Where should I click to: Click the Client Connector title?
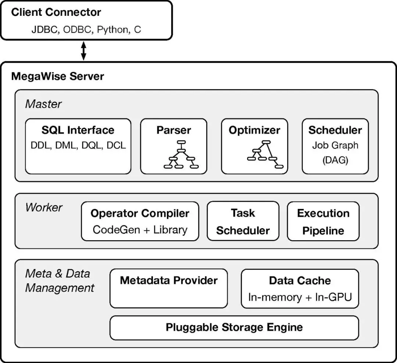[x=56, y=12]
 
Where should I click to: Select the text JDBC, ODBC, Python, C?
[x=86, y=29]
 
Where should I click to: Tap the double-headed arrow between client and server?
[x=83, y=51]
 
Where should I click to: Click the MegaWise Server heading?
[x=58, y=76]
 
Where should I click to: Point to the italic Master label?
[x=43, y=104]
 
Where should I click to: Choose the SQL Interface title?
[x=78, y=130]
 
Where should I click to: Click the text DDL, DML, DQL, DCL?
[x=78, y=145]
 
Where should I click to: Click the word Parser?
[x=174, y=130]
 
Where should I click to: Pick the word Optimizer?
[x=254, y=130]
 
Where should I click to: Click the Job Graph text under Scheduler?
[x=335, y=145]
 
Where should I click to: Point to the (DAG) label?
[x=335, y=160]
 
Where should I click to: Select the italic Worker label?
[x=44, y=207]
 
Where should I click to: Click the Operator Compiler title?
[x=140, y=213]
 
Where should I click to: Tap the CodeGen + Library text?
[x=140, y=230]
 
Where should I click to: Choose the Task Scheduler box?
[x=243, y=221]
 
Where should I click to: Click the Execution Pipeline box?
[x=323, y=221]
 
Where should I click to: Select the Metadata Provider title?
[x=169, y=280]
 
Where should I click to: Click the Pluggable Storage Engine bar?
[x=234, y=327]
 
